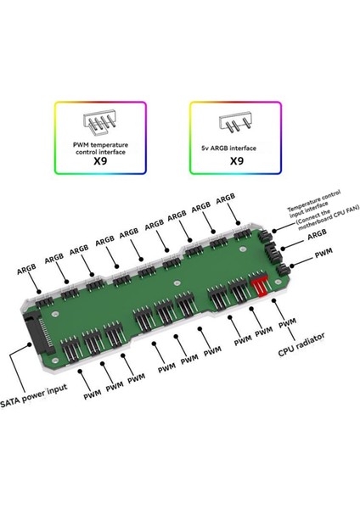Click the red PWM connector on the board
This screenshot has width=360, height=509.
click(259, 284)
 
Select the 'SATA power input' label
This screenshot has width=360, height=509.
click(33, 395)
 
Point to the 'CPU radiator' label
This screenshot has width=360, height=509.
click(301, 344)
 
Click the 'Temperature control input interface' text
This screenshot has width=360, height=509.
click(314, 202)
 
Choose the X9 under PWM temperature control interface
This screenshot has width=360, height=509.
click(100, 161)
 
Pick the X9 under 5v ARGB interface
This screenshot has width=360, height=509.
click(236, 161)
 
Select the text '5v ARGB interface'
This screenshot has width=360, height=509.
click(228, 148)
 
